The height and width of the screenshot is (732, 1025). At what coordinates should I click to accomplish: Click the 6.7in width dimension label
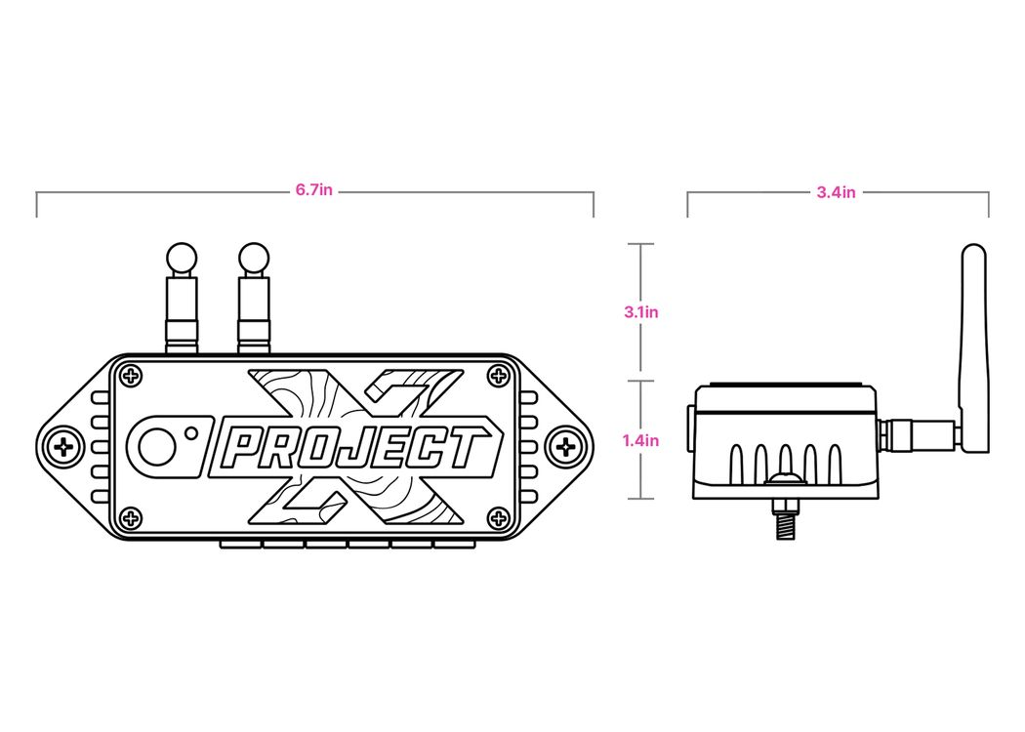[x=313, y=190]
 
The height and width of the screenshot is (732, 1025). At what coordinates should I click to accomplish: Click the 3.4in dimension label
[x=836, y=192]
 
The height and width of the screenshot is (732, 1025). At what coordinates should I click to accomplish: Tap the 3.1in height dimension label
[x=641, y=312]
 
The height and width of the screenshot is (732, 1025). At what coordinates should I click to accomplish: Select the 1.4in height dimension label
[x=640, y=440]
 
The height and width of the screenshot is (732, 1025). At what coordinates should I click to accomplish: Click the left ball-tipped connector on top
[x=182, y=298]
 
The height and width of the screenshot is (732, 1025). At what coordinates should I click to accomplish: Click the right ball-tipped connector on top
[x=254, y=298]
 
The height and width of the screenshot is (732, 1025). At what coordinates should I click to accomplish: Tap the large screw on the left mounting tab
[x=64, y=447]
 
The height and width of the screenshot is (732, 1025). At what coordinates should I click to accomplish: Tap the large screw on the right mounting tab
[x=565, y=447]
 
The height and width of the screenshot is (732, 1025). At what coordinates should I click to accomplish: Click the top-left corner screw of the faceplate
[x=132, y=376]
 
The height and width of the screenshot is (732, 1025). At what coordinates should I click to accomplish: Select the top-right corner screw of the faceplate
[x=500, y=376]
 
